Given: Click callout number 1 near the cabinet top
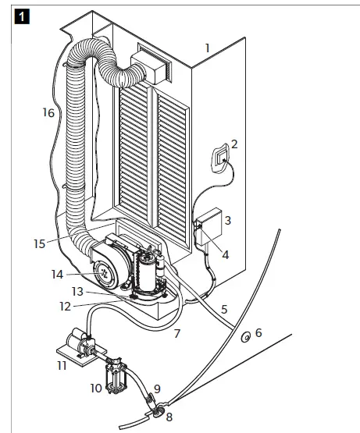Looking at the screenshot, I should point(208,48).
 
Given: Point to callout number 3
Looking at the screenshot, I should point(227,222).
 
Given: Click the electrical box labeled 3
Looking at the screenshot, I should point(209,222).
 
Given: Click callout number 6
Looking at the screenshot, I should point(258,332).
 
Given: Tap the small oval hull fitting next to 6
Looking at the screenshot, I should point(244,337).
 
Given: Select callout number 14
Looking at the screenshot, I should point(57,274).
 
